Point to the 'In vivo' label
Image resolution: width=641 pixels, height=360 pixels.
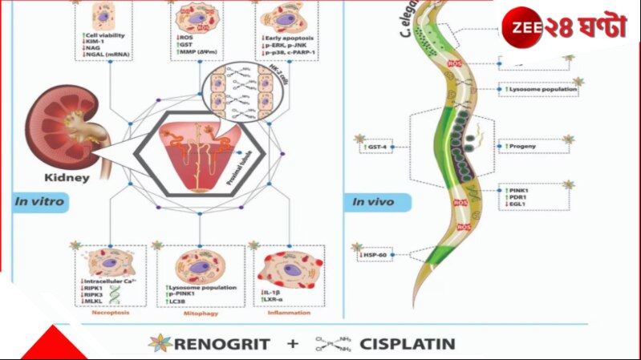click(x=373, y=202)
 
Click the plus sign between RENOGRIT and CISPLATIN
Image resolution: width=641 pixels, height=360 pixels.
click(x=294, y=345)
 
